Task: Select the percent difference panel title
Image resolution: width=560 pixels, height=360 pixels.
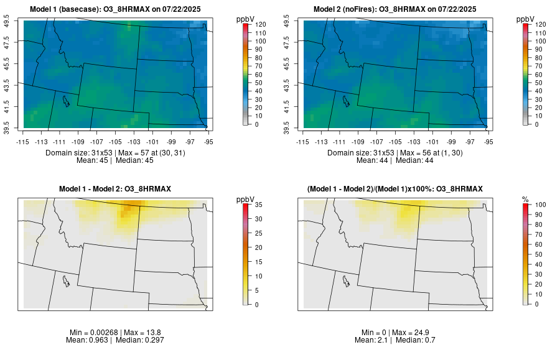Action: point(394,188)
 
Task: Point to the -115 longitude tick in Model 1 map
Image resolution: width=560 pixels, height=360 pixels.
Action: point(23,142)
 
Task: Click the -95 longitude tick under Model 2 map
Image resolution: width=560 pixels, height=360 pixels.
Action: point(488,142)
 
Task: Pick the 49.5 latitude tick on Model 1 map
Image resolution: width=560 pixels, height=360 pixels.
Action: point(8,22)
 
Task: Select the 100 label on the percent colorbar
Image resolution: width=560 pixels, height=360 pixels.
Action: point(541,204)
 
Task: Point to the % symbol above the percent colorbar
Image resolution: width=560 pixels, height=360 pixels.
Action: point(525,199)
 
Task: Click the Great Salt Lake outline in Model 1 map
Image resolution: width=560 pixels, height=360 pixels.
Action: point(65,99)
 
